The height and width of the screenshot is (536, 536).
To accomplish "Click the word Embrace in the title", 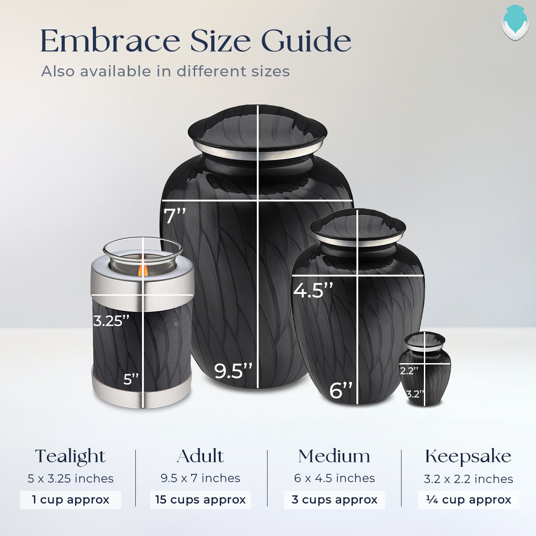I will click(110, 41).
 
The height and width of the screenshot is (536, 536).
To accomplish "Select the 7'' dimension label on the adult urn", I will click(175, 217).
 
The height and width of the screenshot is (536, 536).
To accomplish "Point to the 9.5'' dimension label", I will click(233, 371).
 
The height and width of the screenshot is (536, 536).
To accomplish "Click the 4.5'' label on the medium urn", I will click(313, 290).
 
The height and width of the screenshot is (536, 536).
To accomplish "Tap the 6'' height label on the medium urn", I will click(341, 390).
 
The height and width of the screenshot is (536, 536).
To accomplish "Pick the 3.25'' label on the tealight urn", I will click(111, 321).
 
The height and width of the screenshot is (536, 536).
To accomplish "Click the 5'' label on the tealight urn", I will click(131, 380).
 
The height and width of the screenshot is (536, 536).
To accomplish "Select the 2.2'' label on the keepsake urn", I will click(409, 371).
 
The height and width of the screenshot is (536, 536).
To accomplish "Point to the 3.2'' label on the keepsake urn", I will click(415, 394).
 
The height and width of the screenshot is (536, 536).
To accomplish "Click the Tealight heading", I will click(71, 456).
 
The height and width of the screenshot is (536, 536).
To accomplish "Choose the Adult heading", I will click(201, 456).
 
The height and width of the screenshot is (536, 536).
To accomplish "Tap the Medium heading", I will click(335, 456).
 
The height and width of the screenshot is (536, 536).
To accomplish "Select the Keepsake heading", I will click(468, 456).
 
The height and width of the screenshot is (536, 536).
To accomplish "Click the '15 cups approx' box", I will click(201, 500).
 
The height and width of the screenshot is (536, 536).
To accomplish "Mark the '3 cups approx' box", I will click(335, 500).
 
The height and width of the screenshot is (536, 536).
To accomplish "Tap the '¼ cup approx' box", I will click(469, 500).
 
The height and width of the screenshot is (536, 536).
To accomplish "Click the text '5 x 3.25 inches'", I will click(71, 478).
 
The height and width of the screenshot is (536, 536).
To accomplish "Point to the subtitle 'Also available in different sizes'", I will click(166, 71).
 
